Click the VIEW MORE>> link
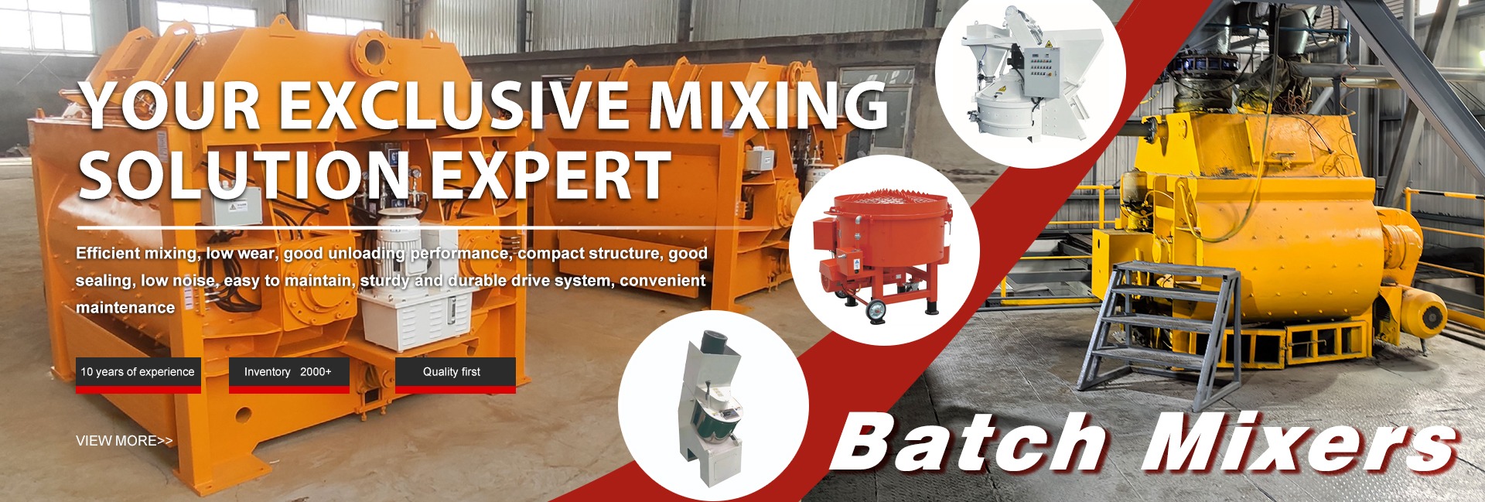click(124, 441)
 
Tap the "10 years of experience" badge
click(138, 374)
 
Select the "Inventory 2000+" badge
click(289, 374)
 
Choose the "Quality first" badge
click(456, 374)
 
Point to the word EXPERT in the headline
click(550, 175)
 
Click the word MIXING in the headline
click(769, 106)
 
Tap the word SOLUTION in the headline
click(245, 175)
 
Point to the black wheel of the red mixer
click(876, 311)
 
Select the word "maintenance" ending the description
click(125, 308)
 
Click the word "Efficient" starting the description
click(108, 254)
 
